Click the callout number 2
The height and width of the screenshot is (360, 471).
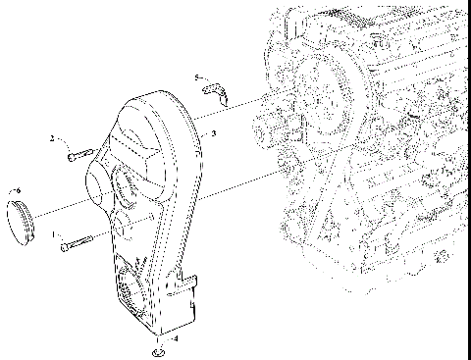coord(52,139)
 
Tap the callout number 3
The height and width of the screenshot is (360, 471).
coord(215,131)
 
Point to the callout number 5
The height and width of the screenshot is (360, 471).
coord(196,77)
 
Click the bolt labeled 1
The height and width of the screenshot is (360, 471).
coord(76,243)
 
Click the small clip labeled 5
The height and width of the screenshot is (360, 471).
coord(216,92)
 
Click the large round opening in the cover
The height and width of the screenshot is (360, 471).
coord(126,185)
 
